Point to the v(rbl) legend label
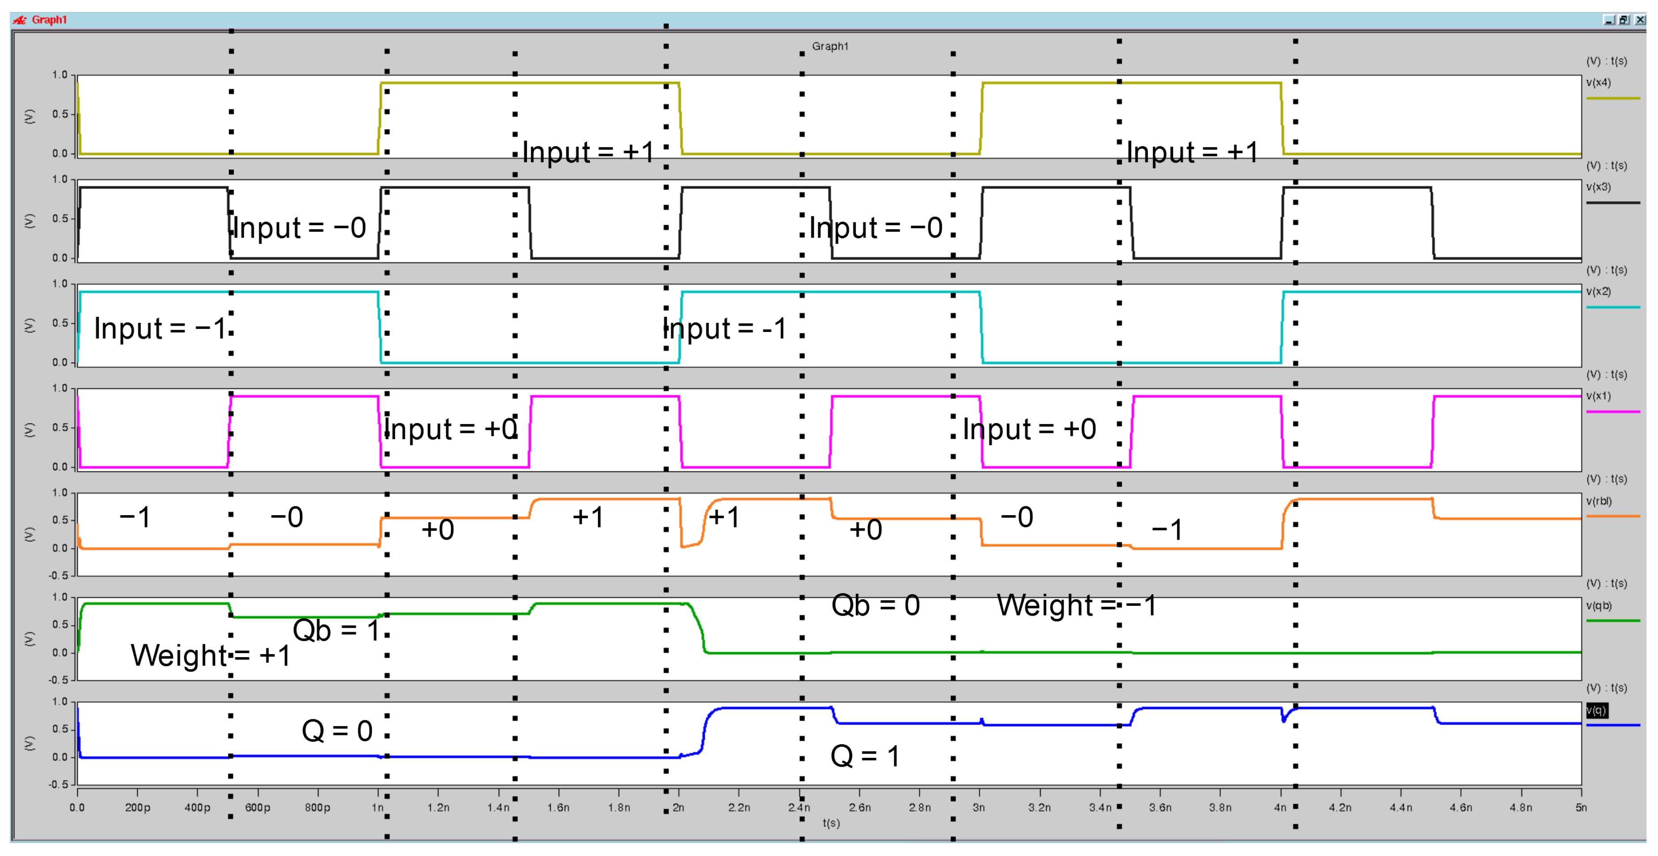(x=1599, y=501)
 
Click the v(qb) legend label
(x=1599, y=606)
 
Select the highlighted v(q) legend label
(x=1596, y=710)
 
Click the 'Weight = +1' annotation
(x=210, y=655)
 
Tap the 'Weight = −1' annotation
(x=1076, y=605)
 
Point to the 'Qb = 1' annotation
(x=336, y=630)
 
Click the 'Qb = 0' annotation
(x=875, y=605)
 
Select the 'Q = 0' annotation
(x=337, y=730)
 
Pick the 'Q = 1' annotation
(x=865, y=755)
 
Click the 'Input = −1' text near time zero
(x=160, y=328)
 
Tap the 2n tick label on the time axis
(x=678, y=808)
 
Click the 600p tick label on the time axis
(x=257, y=808)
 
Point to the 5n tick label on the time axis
(x=1581, y=808)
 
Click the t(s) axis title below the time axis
(x=831, y=823)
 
